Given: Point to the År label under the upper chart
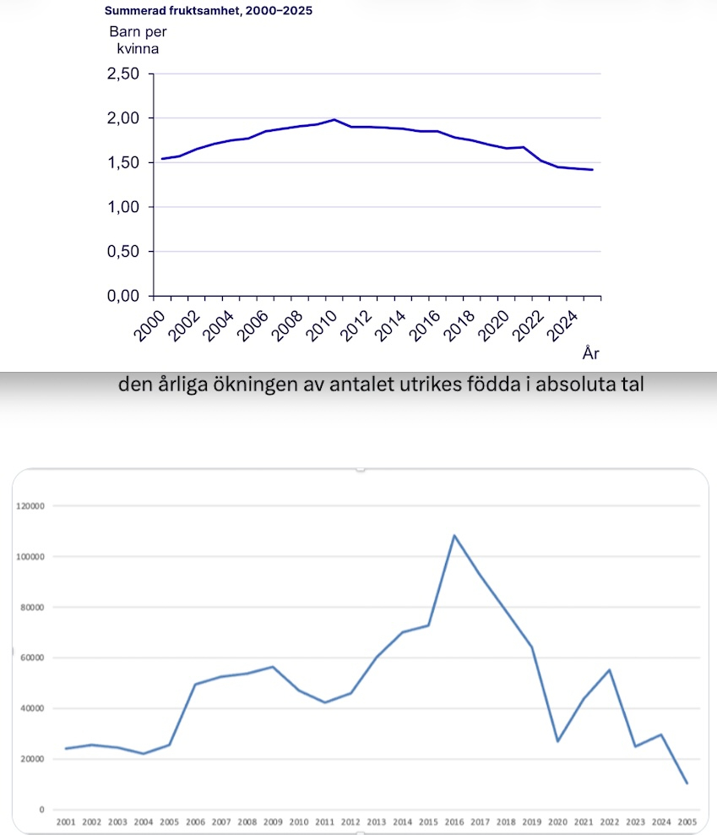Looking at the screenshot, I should coord(590,352).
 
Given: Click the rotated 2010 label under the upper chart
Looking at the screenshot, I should coord(321,321).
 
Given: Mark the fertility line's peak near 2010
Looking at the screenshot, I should coord(334,120).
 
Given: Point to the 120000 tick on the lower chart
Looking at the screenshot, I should coord(30,506).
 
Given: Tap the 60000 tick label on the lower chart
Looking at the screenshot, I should coord(33,658).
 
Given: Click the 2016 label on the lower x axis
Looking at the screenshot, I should coord(454,821).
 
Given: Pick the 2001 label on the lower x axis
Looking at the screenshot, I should coord(65,821).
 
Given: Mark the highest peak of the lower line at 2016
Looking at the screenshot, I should coord(454,535).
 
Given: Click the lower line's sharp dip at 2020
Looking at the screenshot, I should coord(558,741).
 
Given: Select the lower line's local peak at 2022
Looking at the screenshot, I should coord(610,670).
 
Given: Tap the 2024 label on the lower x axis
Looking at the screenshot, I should coord(662,821).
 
